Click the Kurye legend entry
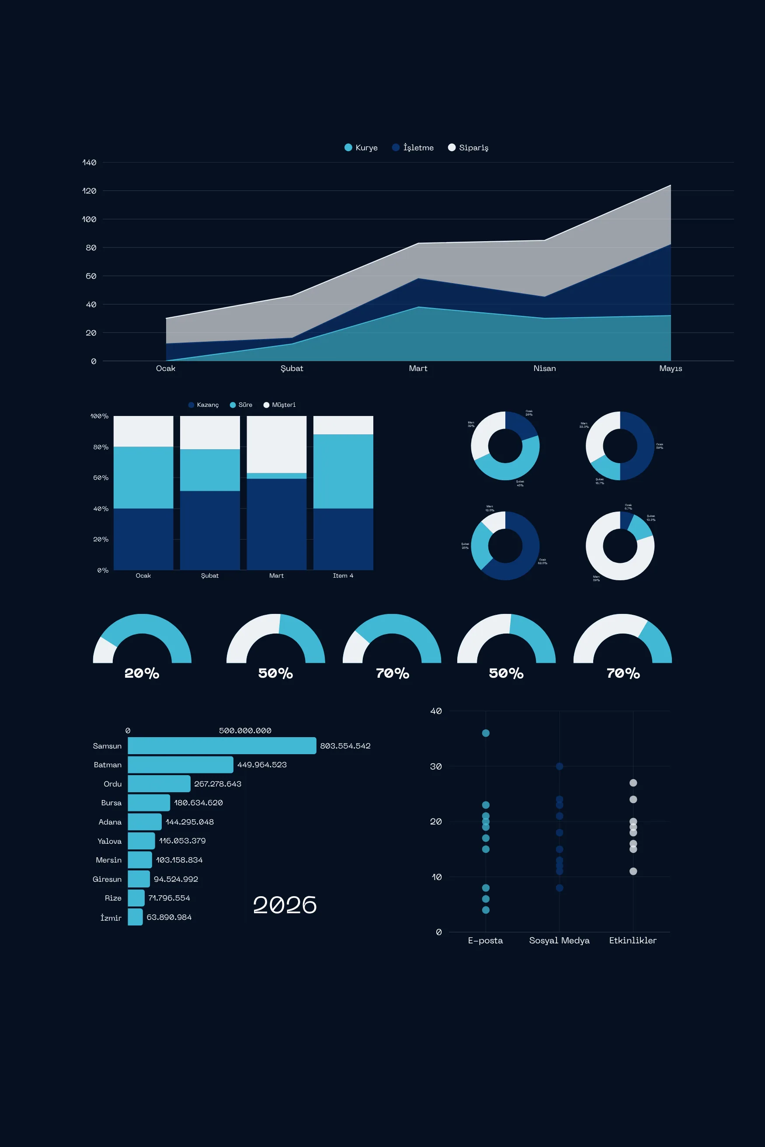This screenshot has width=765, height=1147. (x=361, y=147)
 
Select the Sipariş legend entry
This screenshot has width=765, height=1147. (x=468, y=147)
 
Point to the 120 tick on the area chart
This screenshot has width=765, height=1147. (x=89, y=191)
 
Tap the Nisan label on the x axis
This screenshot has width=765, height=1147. (x=545, y=368)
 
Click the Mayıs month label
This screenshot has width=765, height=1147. (x=670, y=368)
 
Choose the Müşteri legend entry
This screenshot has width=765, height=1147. (x=280, y=405)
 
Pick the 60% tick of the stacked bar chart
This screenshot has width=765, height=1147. (x=101, y=478)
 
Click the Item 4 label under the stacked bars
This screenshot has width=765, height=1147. (x=343, y=575)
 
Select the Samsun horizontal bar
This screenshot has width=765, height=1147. (x=222, y=745)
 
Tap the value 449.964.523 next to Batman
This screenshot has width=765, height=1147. (x=262, y=765)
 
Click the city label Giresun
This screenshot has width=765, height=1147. (x=107, y=879)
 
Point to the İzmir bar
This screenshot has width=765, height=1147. (x=135, y=917)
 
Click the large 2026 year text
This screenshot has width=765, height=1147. (x=285, y=905)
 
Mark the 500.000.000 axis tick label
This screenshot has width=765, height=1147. (x=245, y=731)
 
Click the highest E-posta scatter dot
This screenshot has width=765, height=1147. (x=485, y=733)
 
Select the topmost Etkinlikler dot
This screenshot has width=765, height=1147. (x=633, y=783)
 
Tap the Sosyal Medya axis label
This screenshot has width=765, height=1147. (x=559, y=940)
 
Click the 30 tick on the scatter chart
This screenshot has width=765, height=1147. (x=436, y=766)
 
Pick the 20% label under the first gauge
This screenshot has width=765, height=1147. (x=142, y=673)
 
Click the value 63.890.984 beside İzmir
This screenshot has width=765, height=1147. (x=169, y=917)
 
